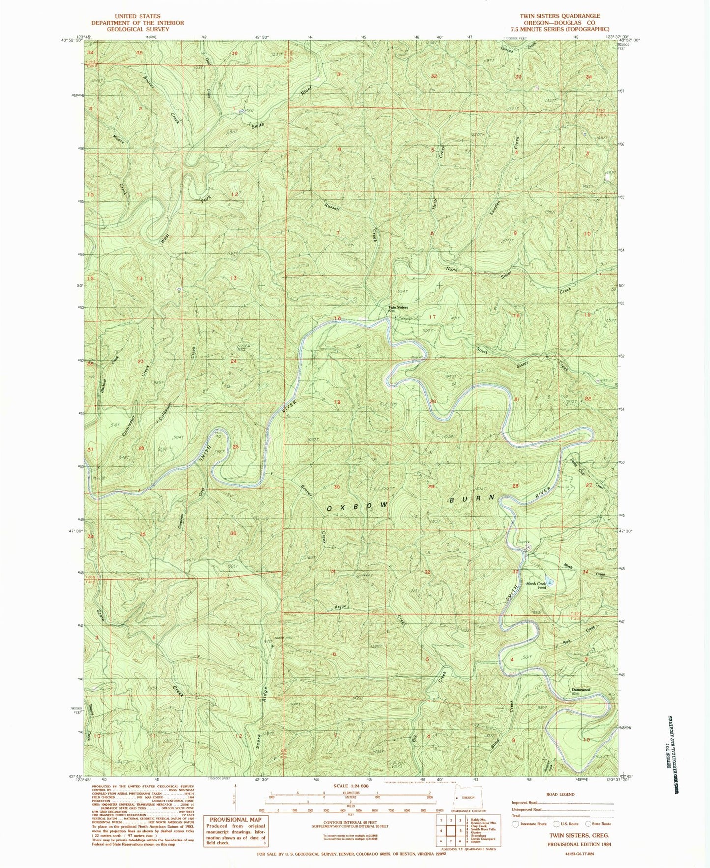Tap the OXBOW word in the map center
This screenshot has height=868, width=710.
357,506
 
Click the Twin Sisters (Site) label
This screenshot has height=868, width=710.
398,308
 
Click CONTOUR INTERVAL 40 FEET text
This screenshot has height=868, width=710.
351,822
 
